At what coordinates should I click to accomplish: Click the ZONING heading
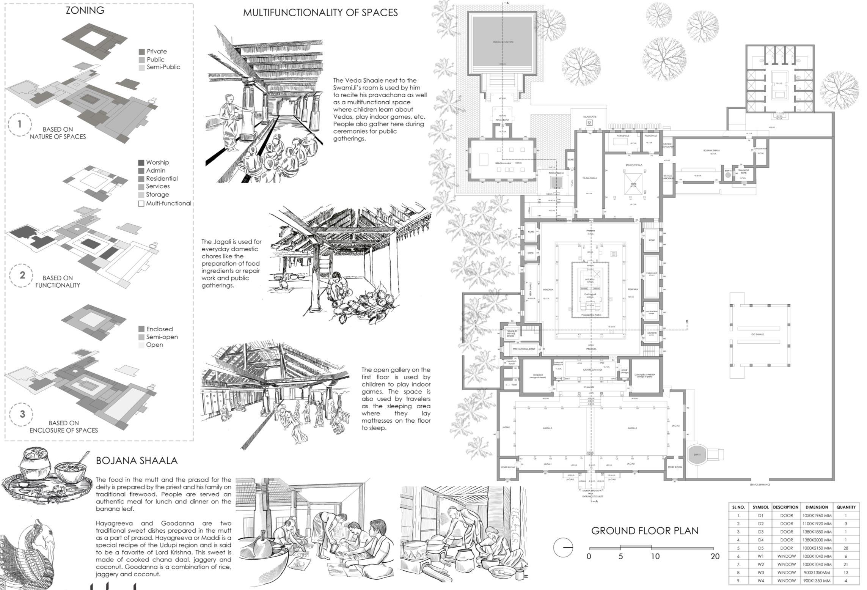tap(85, 10)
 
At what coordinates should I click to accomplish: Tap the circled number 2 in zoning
tap(22, 275)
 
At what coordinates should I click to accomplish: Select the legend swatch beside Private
tap(142, 52)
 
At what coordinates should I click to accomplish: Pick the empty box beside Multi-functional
tap(141, 204)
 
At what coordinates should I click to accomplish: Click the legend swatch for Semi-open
tap(141, 337)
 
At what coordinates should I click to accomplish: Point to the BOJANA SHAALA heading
tap(137, 461)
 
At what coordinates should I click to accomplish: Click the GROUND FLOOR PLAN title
tap(644, 531)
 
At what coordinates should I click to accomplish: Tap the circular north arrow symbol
tap(563, 548)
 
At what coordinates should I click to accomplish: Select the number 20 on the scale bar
tap(715, 556)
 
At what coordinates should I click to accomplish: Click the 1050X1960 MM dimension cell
tap(817, 516)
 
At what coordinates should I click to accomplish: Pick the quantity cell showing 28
tap(846, 548)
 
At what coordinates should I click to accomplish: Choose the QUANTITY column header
tap(846, 507)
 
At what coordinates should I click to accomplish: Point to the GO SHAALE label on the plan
tap(757, 335)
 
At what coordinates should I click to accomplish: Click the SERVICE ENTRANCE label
tap(760, 485)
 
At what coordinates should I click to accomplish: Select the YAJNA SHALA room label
tap(589, 178)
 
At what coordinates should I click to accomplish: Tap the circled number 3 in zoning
tap(22, 414)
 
